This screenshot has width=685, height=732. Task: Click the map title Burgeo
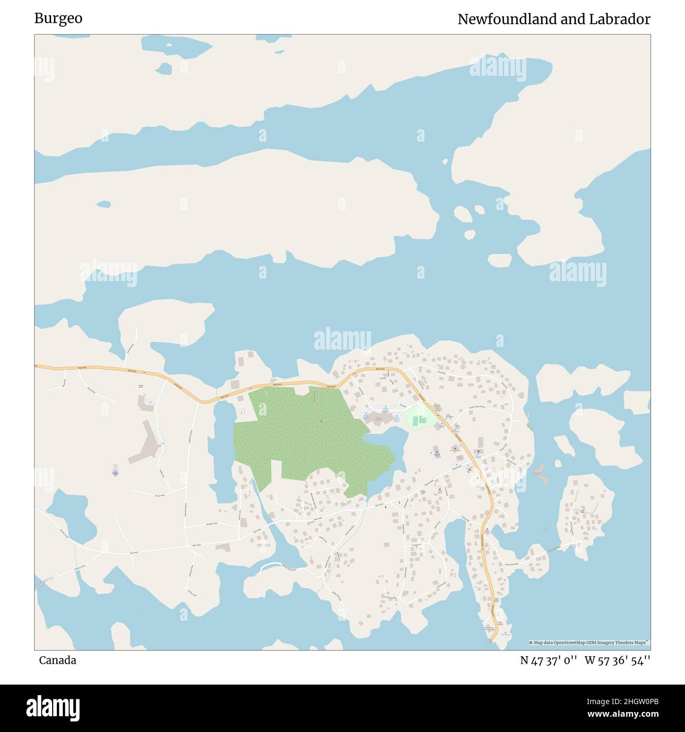click(x=58, y=18)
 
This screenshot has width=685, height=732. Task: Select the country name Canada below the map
click(x=57, y=660)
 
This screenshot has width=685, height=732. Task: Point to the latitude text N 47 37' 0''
click(x=549, y=660)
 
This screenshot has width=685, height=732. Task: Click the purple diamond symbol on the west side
click(x=115, y=473)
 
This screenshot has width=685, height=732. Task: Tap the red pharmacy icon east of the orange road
click(x=478, y=452)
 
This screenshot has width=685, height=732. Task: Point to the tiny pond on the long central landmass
click(x=104, y=204)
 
